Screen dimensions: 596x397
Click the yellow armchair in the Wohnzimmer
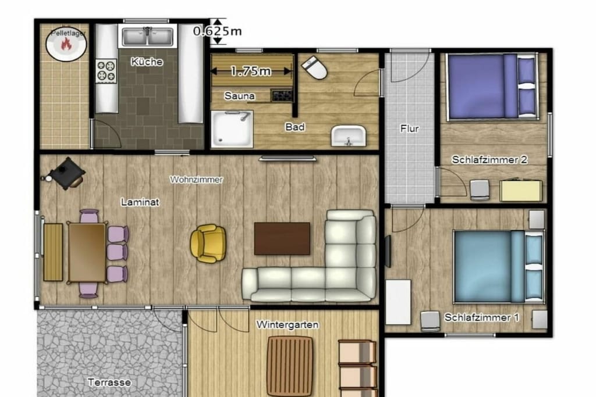pos(208,244)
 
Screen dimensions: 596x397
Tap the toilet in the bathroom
pos(314,67)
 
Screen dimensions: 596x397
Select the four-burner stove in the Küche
pos(106,71)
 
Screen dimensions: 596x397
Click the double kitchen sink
pos(148,37)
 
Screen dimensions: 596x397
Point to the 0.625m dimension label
pos(217,31)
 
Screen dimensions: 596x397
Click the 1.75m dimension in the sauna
pos(251,70)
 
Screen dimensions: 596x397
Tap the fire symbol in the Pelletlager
pos(66,44)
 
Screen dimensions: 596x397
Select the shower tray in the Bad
pos(232,129)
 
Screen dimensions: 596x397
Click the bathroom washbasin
pos(349,136)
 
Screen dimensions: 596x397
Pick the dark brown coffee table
pos(282,239)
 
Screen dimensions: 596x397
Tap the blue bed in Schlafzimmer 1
pos(499,267)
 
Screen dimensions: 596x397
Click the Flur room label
pos(409,128)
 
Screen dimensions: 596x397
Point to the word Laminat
pos(140,202)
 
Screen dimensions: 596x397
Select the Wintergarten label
pos(288,324)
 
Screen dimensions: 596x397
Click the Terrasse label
pos(109,382)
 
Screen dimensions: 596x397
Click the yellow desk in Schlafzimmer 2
pos(521,191)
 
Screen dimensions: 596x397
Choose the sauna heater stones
pos(282,95)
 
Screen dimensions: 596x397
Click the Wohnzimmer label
pos(196,180)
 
